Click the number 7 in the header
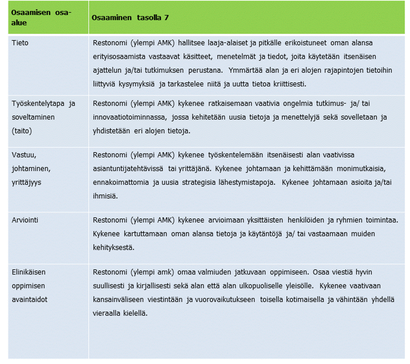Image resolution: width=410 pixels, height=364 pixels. (x=166, y=18)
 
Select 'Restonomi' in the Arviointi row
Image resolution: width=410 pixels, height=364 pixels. (x=110, y=220)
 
